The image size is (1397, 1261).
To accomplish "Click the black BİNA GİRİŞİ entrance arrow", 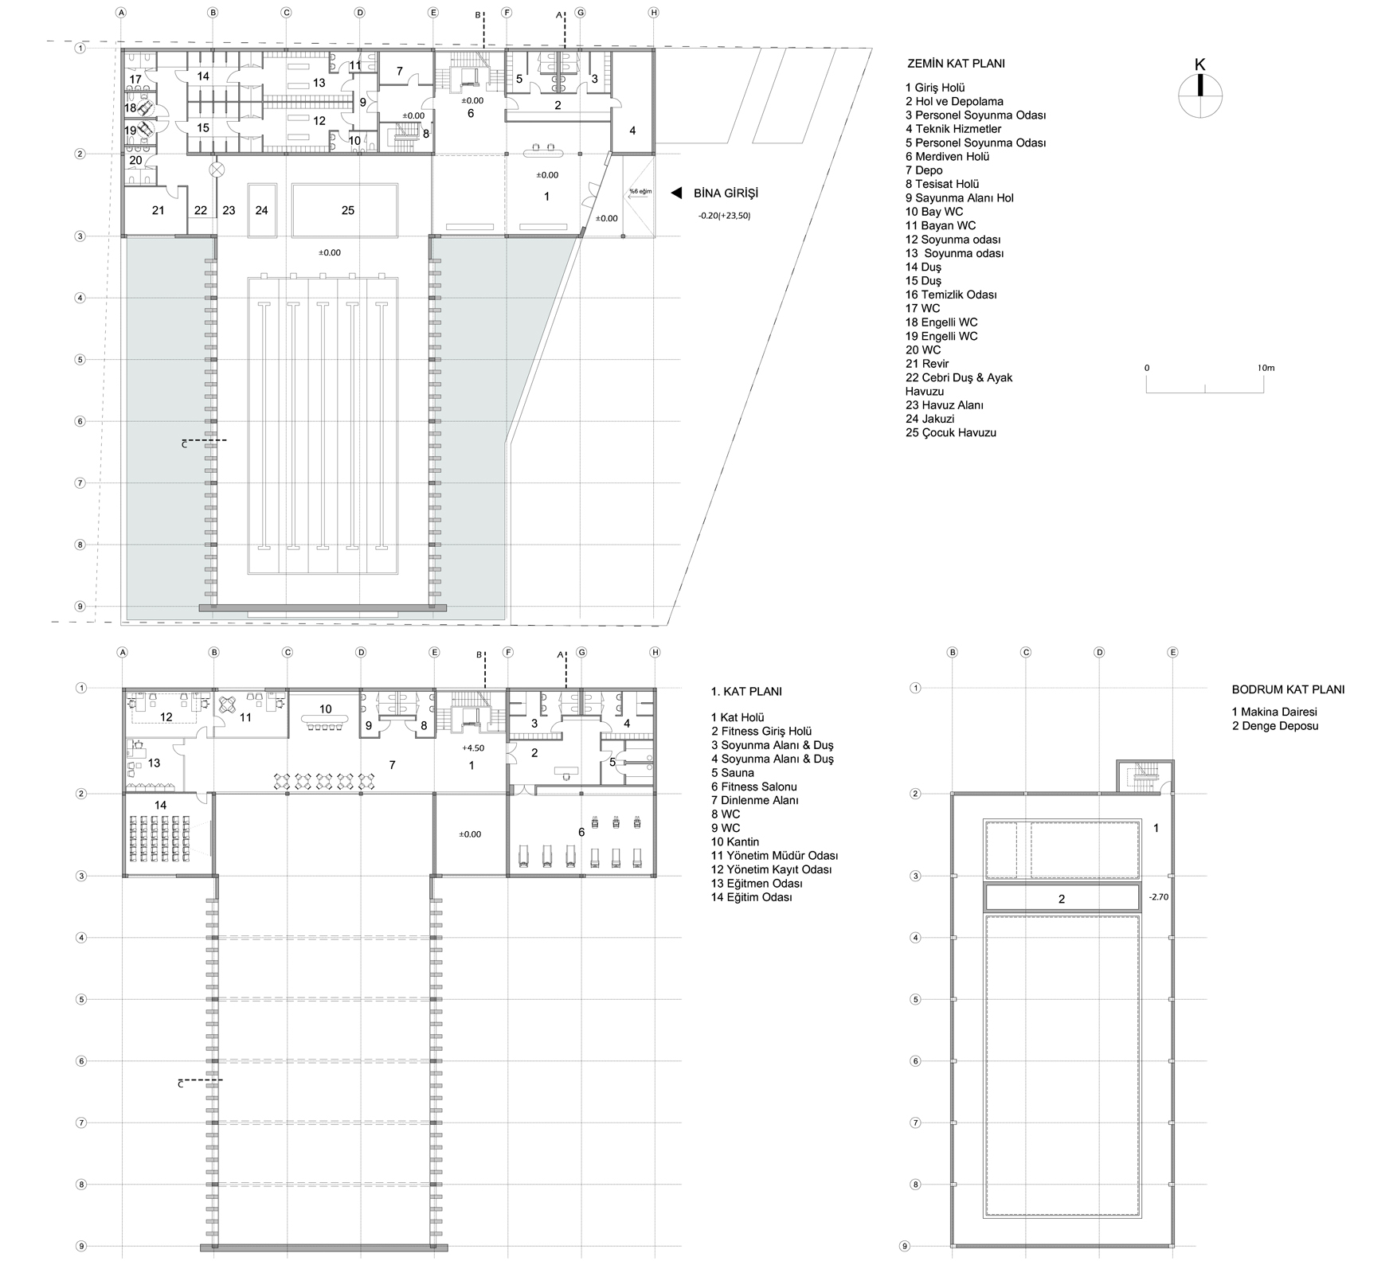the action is pyautogui.click(x=676, y=193).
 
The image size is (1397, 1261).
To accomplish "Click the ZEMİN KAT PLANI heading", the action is pyautogui.click(x=956, y=64).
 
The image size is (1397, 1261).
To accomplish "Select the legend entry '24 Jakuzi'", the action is pyautogui.click(x=929, y=419).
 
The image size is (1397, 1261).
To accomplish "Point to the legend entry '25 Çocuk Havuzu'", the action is pyautogui.click(x=951, y=433).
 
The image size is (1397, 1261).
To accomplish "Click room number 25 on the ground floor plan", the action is pyautogui.click(x=347, y=210).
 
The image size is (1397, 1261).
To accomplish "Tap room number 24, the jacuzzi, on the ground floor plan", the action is pyautogui.click(x=261, y=210).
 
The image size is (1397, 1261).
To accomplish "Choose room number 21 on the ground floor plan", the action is pyautogui.click(x=158, y=210).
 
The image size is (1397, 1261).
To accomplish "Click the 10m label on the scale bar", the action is pyautogui.click(x=1266, y=368).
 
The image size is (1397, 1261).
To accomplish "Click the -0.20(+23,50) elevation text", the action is pyautogui.click(x=724, y=215).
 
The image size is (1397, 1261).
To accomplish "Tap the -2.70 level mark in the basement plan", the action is pyautogui.click(x=1158, y=896).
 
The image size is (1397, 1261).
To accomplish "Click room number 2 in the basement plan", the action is pyautogui.click(x=1061, y=899).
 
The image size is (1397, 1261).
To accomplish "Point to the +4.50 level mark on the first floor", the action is pyautogui.click(x=473, y=748).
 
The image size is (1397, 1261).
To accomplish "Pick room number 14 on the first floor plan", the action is pyautogui.click(x=160, y=805).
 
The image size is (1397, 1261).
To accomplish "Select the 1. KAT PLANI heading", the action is pyautogui.click(x=746, y=692).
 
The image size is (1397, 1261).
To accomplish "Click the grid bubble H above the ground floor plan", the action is pyautogui.click(x=654, y=13).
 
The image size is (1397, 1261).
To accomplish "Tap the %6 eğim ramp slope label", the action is pyautogui.click(x=640, y=191).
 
